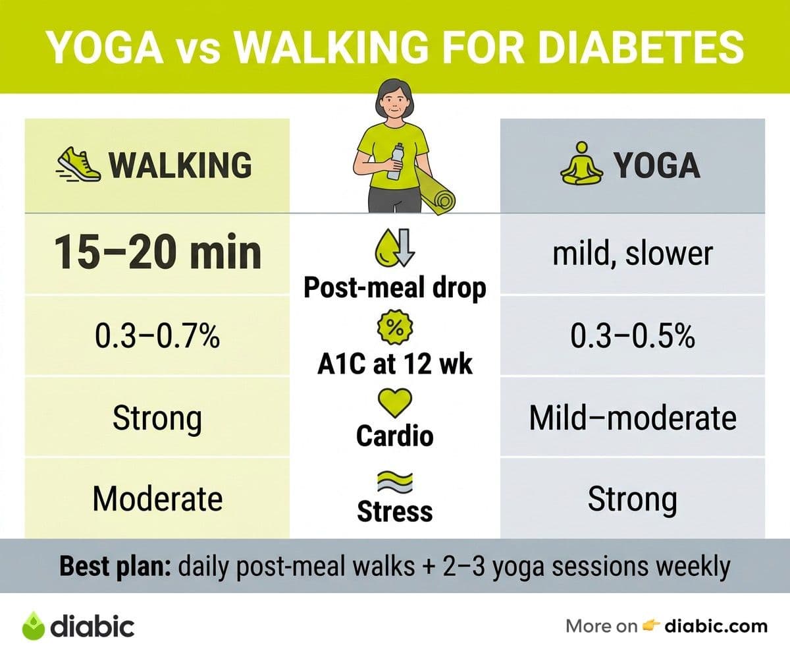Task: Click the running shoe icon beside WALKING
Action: (x=78, y=165)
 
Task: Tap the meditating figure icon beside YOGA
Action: (x=581, y=163)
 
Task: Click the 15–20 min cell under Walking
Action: (x=157, y=252)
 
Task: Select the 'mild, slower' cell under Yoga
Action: (x=633, y=254)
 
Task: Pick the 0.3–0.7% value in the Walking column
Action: (x=157, y=336)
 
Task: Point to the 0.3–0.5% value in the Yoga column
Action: (x=633, y=336)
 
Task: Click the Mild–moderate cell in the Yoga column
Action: (x=633, y=418)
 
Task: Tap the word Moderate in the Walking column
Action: (x=157, y=499)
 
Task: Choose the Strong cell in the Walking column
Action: (x=157, y=419)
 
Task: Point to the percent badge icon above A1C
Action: (x=395, y=328)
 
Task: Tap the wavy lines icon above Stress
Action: (x=395, y=482)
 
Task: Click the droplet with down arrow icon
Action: (x=395, y=248)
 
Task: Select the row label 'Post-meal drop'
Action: (x=395, y=289)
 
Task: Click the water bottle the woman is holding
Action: (x=396, y=161)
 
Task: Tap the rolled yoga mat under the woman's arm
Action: (x=435, y=191)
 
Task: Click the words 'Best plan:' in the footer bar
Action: (x=115, y=567)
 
